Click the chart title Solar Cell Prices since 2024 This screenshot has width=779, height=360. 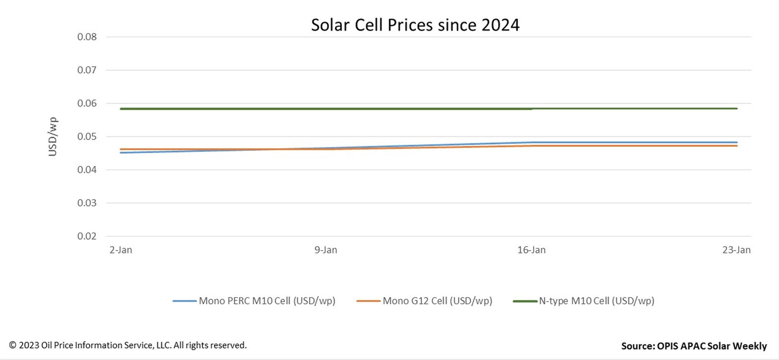tap(415, 25)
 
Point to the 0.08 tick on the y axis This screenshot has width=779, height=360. tap(87, 37)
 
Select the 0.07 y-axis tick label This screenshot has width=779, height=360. tap(87, 70)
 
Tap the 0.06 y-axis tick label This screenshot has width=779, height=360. tap(87, 103)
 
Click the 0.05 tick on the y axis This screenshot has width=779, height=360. tap(87, 137)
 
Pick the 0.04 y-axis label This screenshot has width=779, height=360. tap(87, 170)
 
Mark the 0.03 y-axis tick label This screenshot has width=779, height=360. tap(87, 203)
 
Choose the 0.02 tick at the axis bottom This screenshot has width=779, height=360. tap(87, 236)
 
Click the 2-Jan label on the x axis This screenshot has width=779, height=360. tap(121, 250)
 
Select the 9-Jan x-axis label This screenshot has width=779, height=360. tap(326, 250)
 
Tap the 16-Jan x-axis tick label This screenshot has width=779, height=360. tap(531, 250)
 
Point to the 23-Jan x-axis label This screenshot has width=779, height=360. tap(736, 250)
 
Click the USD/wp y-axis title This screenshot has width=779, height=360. tap(52, 137)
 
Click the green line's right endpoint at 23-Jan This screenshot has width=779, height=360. tap(736, 108)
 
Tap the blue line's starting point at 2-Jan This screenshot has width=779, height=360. tap(121, 153)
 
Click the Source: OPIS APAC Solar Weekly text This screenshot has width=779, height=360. tap(694, 346)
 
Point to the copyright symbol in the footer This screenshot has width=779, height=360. tap(13, 345)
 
